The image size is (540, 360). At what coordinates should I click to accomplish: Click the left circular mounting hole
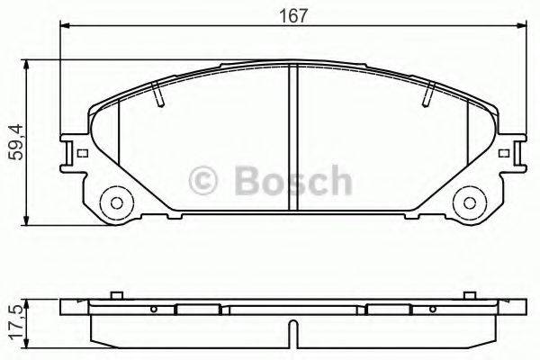pos(115,201)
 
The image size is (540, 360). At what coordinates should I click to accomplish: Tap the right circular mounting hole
pos(468,201)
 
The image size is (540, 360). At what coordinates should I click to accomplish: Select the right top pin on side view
pos(471,294)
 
